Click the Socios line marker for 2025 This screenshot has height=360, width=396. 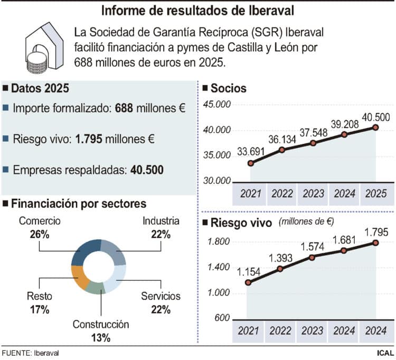pyautogui.click(x=375, y=127)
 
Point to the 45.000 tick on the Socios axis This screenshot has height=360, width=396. pyautogui.click(x=217, y=105)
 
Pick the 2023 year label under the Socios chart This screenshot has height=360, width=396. pyautogui.click(x=313, y=193)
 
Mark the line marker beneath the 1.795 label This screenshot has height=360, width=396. pyautogui.click(x=375, y=243)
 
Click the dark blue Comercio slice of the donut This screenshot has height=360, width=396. pyautogui.click(x=84, y=252)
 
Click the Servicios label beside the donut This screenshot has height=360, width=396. pyautogui.click(x=161, y=296)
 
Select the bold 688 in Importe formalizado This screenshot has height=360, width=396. pyautogui.click(x=125, y=108)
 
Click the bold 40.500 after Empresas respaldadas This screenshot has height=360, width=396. pyautogui.click(x=147, y=170)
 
